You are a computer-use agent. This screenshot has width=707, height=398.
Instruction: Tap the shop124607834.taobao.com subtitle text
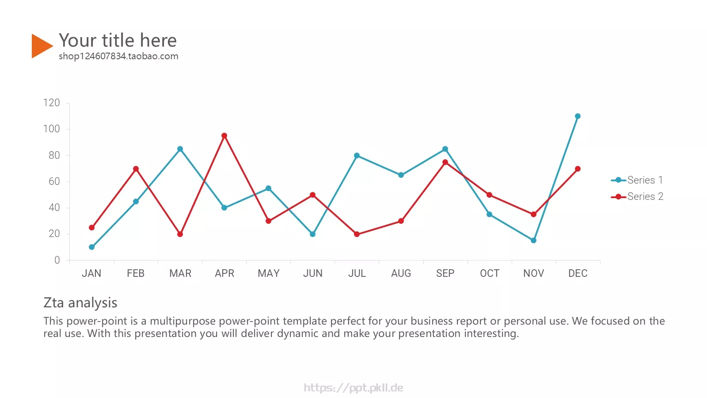pyautogui.click(x=118, y=56)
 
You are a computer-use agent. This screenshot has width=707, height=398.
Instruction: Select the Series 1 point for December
pyautogui.click(x=578, y=116)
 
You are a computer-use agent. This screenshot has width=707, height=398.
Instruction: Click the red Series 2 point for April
pyautogui.click(x=224, y=136)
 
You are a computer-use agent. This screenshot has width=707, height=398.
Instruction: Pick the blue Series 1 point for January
pyautogui.click(x=91, y=247)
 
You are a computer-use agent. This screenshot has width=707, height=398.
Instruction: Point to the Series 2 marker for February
pyautogui.click(x=136, y=169)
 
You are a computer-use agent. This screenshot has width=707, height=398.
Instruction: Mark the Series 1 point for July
pyautogui.click(x=357, y=156)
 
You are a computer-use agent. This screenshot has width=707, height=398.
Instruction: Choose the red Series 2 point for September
pyautogui.click(x=445, y=162)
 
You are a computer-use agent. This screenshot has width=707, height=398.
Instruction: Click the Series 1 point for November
pyautogui.click(x=533, y=241)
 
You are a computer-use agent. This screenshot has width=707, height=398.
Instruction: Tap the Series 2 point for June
pyautogui.click(x=312, y=195)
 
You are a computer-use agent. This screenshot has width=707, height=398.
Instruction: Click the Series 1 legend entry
pyautogui.click(x=637, y=180)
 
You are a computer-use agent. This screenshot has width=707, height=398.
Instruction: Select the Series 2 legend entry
pyautogui.click(x=637, y=196)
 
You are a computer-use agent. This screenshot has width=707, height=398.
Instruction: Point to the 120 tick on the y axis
pyautogui.click(x=51, y=103)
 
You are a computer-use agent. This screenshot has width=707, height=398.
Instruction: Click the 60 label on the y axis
pyautogui.click(x=54, y=181)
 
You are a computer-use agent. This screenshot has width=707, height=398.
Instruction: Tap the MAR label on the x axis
pyautogui.click(x=180, y=273)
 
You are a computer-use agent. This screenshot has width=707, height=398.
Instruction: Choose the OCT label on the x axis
pyautogui.click(x=490, y=273)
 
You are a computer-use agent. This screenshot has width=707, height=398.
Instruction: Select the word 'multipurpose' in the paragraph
pyautogui.click(x=183, y=321)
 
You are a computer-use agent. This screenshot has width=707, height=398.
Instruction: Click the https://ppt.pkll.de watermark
pyautogui.click(x=353, y=387)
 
